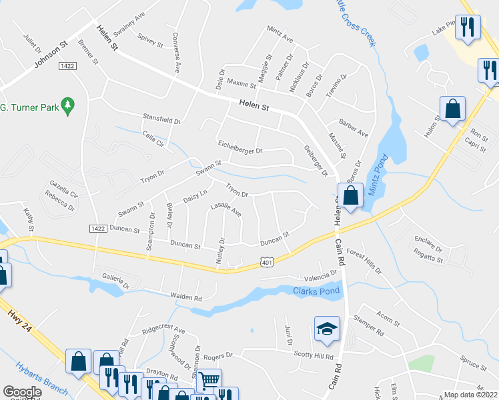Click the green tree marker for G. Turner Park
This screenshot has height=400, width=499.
tap(67, 105)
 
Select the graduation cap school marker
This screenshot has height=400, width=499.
tap(327, 329)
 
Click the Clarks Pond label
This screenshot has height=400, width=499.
tap(316, 290)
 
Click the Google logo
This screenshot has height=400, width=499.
tap(22, 392)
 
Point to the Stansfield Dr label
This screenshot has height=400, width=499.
tap(161, 119)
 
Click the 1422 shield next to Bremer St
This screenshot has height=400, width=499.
tap(67, 66)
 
